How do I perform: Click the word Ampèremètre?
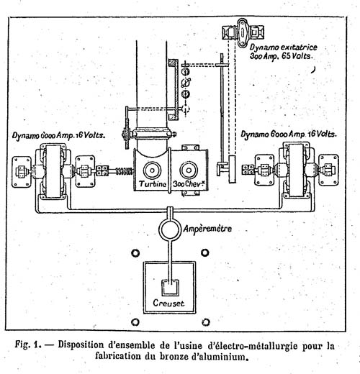point(207,229)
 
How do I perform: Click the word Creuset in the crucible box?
point(168,303)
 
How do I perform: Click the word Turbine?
point(153,184)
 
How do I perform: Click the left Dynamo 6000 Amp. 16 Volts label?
point(59,135)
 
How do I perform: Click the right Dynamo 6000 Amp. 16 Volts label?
point(289,134)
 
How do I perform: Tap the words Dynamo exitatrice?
point(284,47)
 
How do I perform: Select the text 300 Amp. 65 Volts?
point(282,57)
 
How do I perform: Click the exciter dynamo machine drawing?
point(243,32)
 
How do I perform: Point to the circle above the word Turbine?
point(152,170)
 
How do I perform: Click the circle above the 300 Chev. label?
point(189,170)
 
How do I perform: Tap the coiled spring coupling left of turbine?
point(124,171)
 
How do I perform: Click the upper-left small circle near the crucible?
point(135,253)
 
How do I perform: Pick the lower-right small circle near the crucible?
point(206,322)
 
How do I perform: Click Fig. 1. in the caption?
point(28,345)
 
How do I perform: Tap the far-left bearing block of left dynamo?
point(22,172)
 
